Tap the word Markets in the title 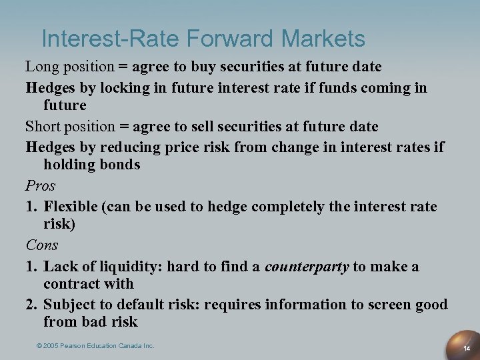(x=323, y=39)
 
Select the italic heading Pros (x=40, y=185)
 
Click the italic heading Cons (x=42, y=245)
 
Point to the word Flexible (x=71, y=206)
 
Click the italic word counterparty (x=307, y=267)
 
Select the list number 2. (x=31, y=305)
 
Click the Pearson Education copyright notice (x=95, y=345)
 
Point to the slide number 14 (x=467, y=348)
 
